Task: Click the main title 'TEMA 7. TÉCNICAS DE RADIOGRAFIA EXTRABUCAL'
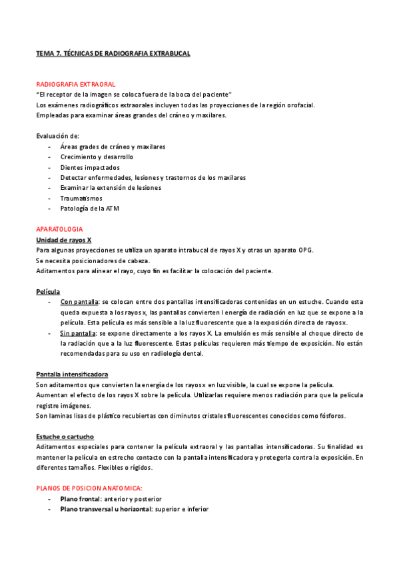[x=113, y=53]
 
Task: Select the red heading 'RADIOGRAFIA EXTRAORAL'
[x=75, y=85]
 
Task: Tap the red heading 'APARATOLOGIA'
[x=59, y=229]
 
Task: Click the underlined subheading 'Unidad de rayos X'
[x=63, y=239]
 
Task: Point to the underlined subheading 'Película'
[x=48, y=292]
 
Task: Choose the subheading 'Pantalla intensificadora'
[x=72, y=374]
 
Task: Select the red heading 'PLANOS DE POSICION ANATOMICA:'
[x=89, y=488]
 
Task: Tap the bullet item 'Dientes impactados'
[x=90, y=167]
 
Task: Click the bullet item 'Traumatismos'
[x=81, y=198]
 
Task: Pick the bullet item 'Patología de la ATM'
[x=89, y=209]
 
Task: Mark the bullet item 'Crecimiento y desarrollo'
[x=97, y=157]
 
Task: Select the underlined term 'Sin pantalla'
[x=77, y=332]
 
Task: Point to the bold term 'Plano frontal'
[x=81, y=499]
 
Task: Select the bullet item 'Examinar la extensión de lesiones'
[x=111, y=188]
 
